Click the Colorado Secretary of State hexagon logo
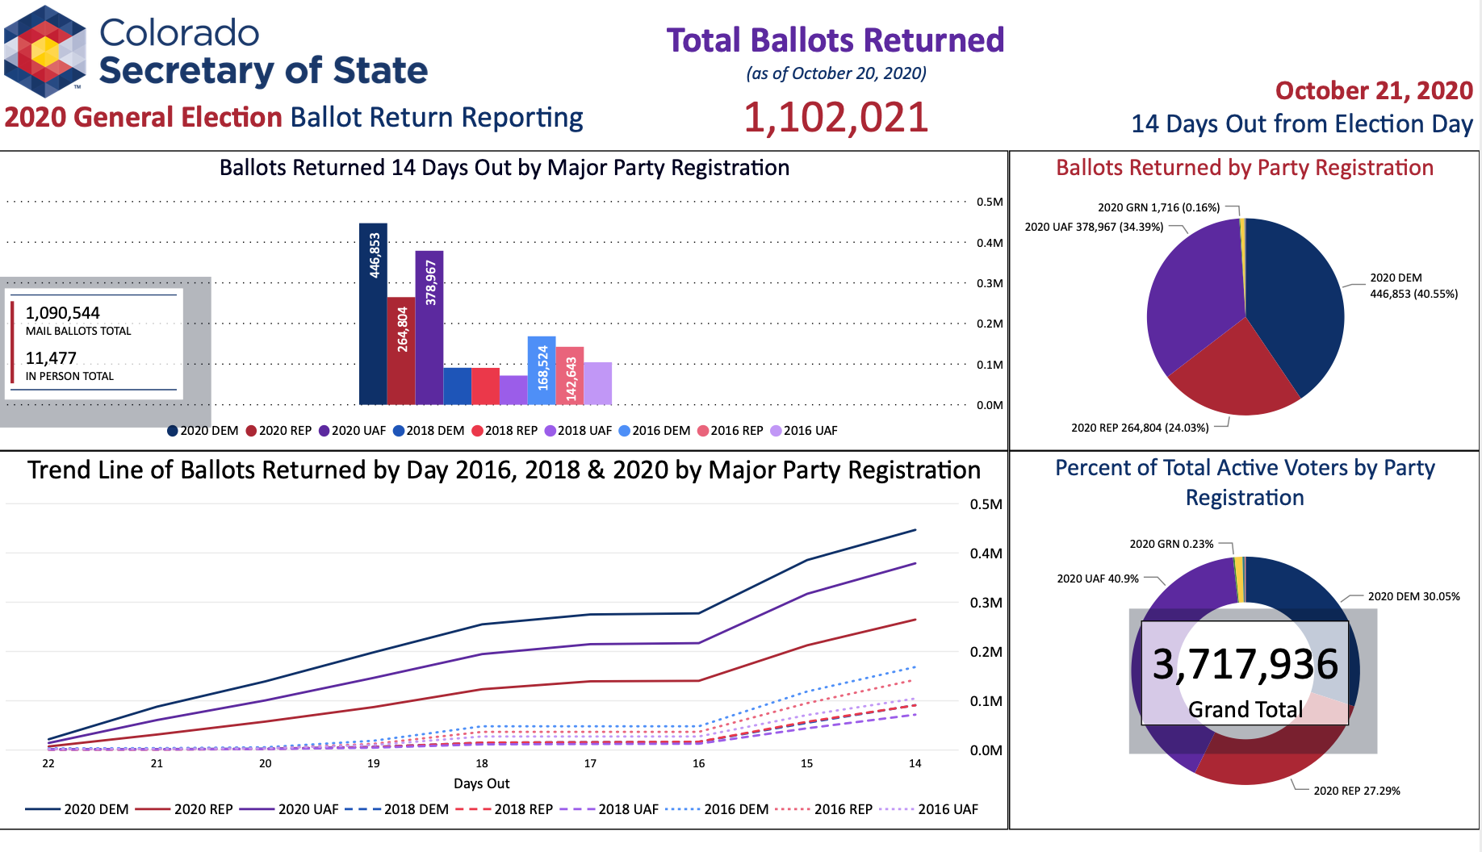[45, 52]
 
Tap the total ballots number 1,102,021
[835, 118]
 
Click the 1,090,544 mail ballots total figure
[63, 313]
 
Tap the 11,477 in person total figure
[51, 358]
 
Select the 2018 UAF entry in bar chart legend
[578, 431]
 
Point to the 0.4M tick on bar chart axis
[990, 243]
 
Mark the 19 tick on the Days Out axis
[374, 763]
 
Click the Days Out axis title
[482, 783]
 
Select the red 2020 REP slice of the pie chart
[1232, 371]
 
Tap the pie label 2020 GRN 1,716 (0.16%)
[1158, 207]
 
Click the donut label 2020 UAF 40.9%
[1098, 578]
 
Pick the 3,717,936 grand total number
[1245, 665]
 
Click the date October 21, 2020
[1374, 90]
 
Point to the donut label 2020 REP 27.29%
[1356, 791]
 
